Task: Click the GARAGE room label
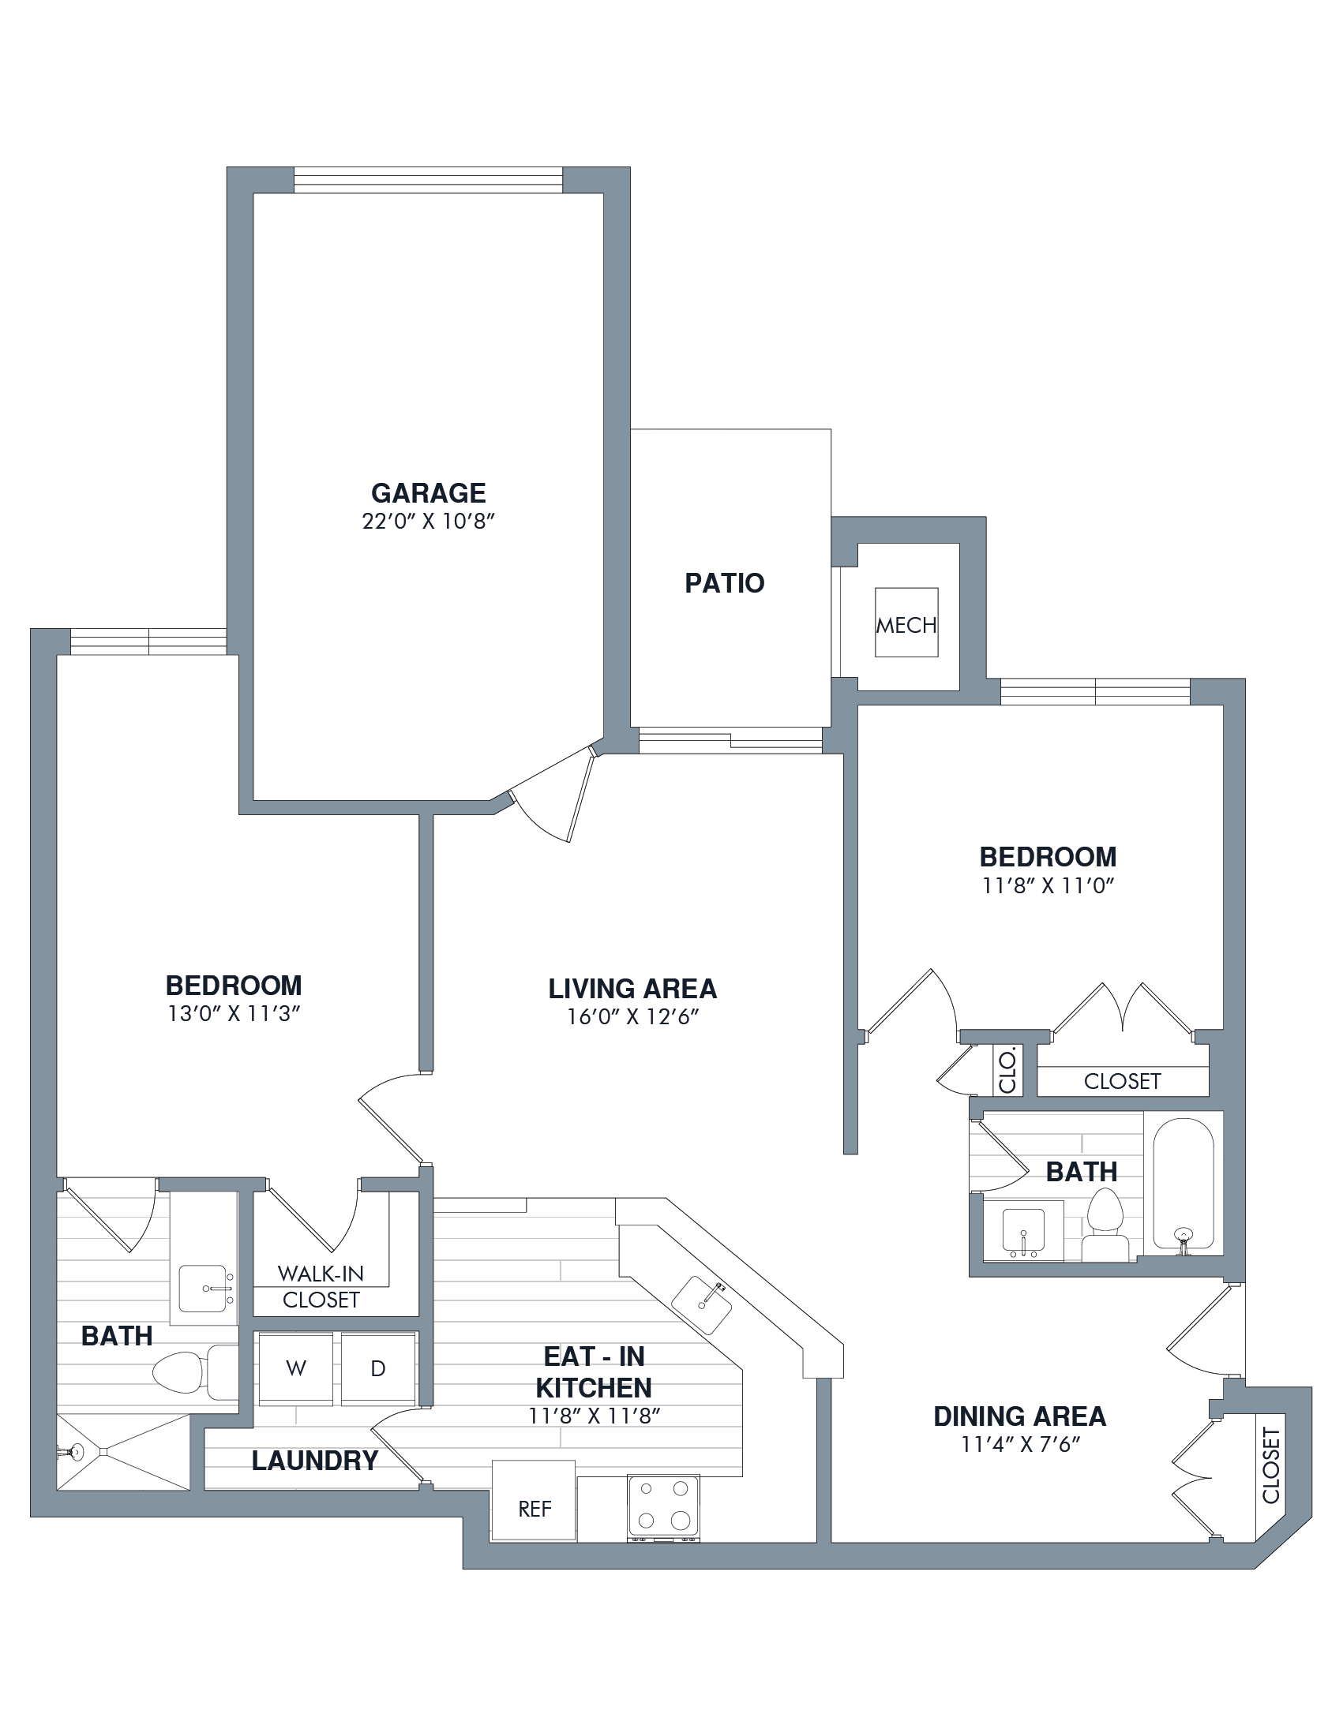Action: (429, 493)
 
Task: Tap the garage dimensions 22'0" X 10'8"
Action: (429, 522)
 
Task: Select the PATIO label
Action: (724, 583)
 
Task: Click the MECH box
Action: (906, 623)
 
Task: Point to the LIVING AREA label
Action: (633, 989)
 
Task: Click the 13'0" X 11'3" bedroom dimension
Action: (234, 1014)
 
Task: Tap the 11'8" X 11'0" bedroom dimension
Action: (1048, 885)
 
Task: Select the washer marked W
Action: (296, 1368)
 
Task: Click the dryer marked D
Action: (378, 1368)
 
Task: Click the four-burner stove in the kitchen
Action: (663, 1506)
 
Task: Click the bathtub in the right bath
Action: (1184, 1184)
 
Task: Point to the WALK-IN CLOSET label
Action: (321, 1287)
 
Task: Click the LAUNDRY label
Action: (315, 1461)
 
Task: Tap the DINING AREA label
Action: (1020, 1416)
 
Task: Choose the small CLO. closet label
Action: (1007, 1072)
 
